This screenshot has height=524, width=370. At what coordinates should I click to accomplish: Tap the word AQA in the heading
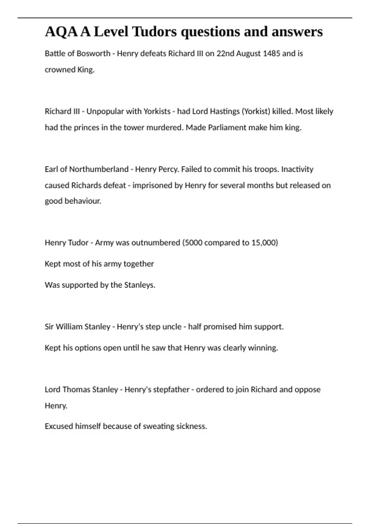(61, 31)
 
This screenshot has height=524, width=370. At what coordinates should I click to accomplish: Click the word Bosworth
(93, 54)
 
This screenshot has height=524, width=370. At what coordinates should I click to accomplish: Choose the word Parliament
(227, 128)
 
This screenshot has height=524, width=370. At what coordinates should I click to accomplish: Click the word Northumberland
(99, 169)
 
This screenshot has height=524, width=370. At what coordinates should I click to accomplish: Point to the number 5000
(193, 243)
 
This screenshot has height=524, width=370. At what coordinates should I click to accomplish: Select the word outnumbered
(156, 243)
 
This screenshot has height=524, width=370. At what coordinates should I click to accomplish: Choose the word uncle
(172, 327)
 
